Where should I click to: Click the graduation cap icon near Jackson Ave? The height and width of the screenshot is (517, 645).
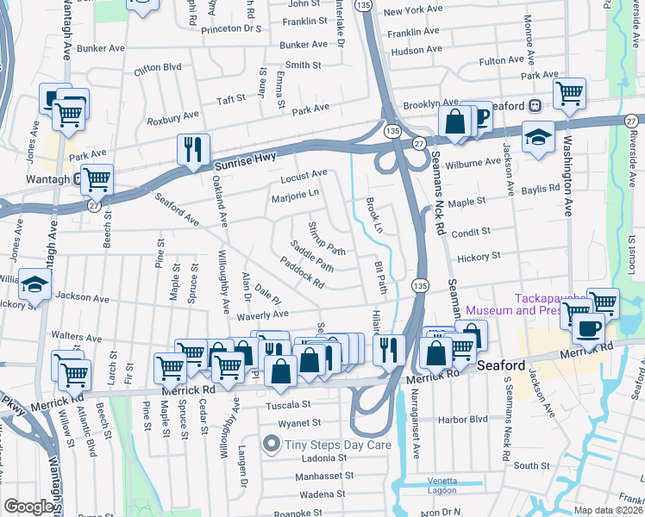pos(34,283)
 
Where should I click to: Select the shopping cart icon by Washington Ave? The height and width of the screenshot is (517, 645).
pos(569,94)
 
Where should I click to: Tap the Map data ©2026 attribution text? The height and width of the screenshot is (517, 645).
pos(609,510)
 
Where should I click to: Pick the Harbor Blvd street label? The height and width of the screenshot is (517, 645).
pos(463,420)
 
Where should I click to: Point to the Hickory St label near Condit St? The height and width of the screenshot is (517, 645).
pos(479,257)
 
